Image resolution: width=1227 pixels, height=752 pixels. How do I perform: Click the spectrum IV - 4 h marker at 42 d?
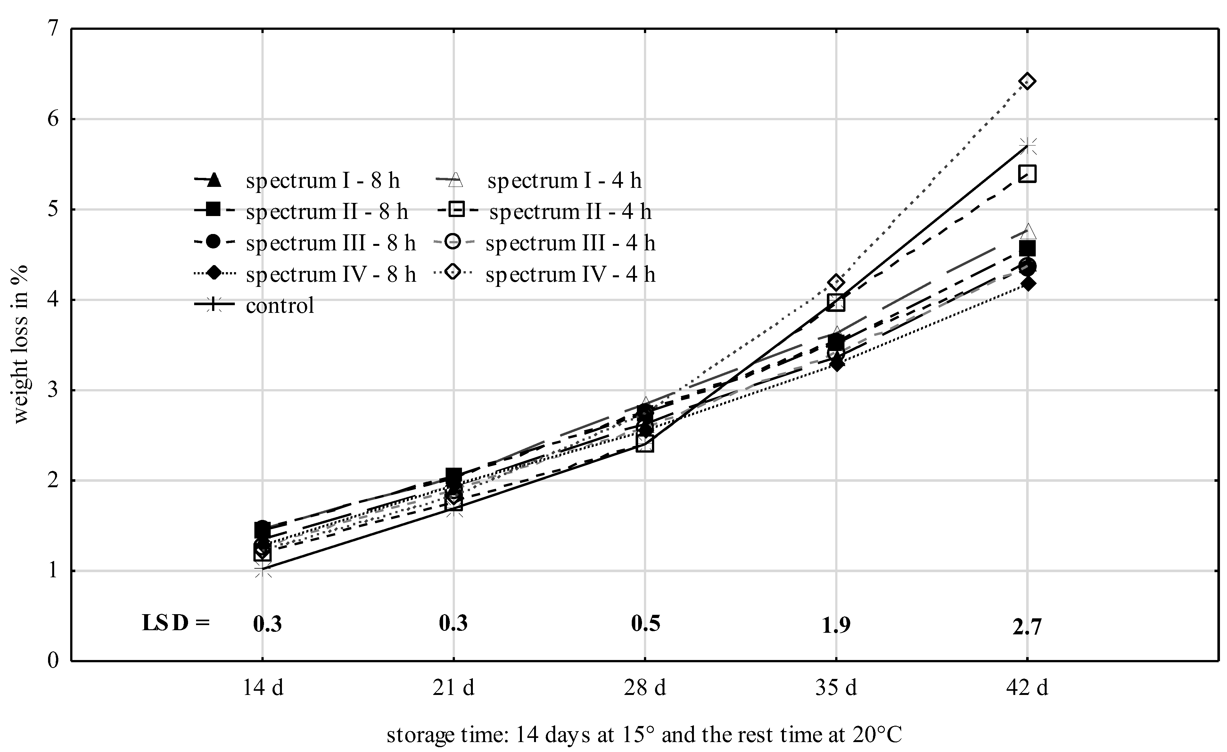tap(1027, 81)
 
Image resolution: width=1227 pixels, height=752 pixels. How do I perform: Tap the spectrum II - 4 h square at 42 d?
tap(1027, 174)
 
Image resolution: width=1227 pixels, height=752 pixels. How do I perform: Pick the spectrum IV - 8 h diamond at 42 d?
tap(1027, 284)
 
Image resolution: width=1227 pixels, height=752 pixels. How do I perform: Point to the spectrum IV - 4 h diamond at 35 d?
tap(836, 282)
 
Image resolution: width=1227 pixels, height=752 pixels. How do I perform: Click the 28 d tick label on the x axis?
tap(645, 688)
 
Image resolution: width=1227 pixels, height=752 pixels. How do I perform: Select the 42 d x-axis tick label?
tap(1027, 688)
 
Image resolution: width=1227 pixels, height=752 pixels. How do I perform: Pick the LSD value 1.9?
tap(836, 625)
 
